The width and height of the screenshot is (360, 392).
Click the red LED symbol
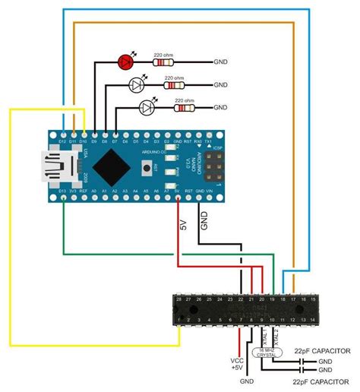tap(127, 60)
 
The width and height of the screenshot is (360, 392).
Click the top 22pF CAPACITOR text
tap(321, 350)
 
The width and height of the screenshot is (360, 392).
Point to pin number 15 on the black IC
tap(313, 300)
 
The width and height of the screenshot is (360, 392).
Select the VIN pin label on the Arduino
tap(210, 191)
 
